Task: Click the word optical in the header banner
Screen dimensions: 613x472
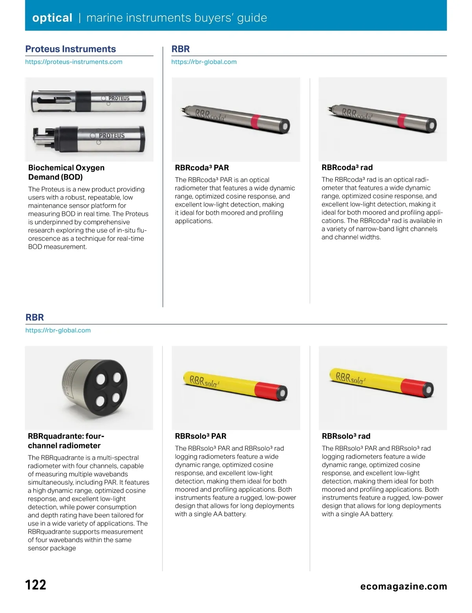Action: (52, 18)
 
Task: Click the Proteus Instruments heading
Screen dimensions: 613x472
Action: (70, 49)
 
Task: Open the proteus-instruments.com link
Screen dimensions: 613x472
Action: (74, 62)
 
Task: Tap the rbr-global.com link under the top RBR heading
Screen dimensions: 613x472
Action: (204, 62)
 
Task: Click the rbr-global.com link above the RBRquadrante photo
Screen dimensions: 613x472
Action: (58, 331)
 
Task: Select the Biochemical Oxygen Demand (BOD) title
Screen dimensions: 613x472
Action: (66, 172)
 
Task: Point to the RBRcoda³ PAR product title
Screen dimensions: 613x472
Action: (202, 168)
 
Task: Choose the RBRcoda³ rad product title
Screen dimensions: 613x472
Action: (347, 167)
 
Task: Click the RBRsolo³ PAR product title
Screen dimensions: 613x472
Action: (201, 436)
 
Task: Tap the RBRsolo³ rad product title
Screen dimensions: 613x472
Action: (346, 436)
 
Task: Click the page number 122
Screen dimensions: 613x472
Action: (36, 585)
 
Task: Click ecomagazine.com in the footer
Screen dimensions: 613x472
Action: (404, 587)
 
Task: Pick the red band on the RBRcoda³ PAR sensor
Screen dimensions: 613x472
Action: (255, 122)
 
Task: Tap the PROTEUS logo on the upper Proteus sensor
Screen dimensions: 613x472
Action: (118, 98)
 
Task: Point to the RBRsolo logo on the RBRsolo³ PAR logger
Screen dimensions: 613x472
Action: (204, 382)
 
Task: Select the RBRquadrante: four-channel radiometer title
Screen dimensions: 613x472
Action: (66, 441)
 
